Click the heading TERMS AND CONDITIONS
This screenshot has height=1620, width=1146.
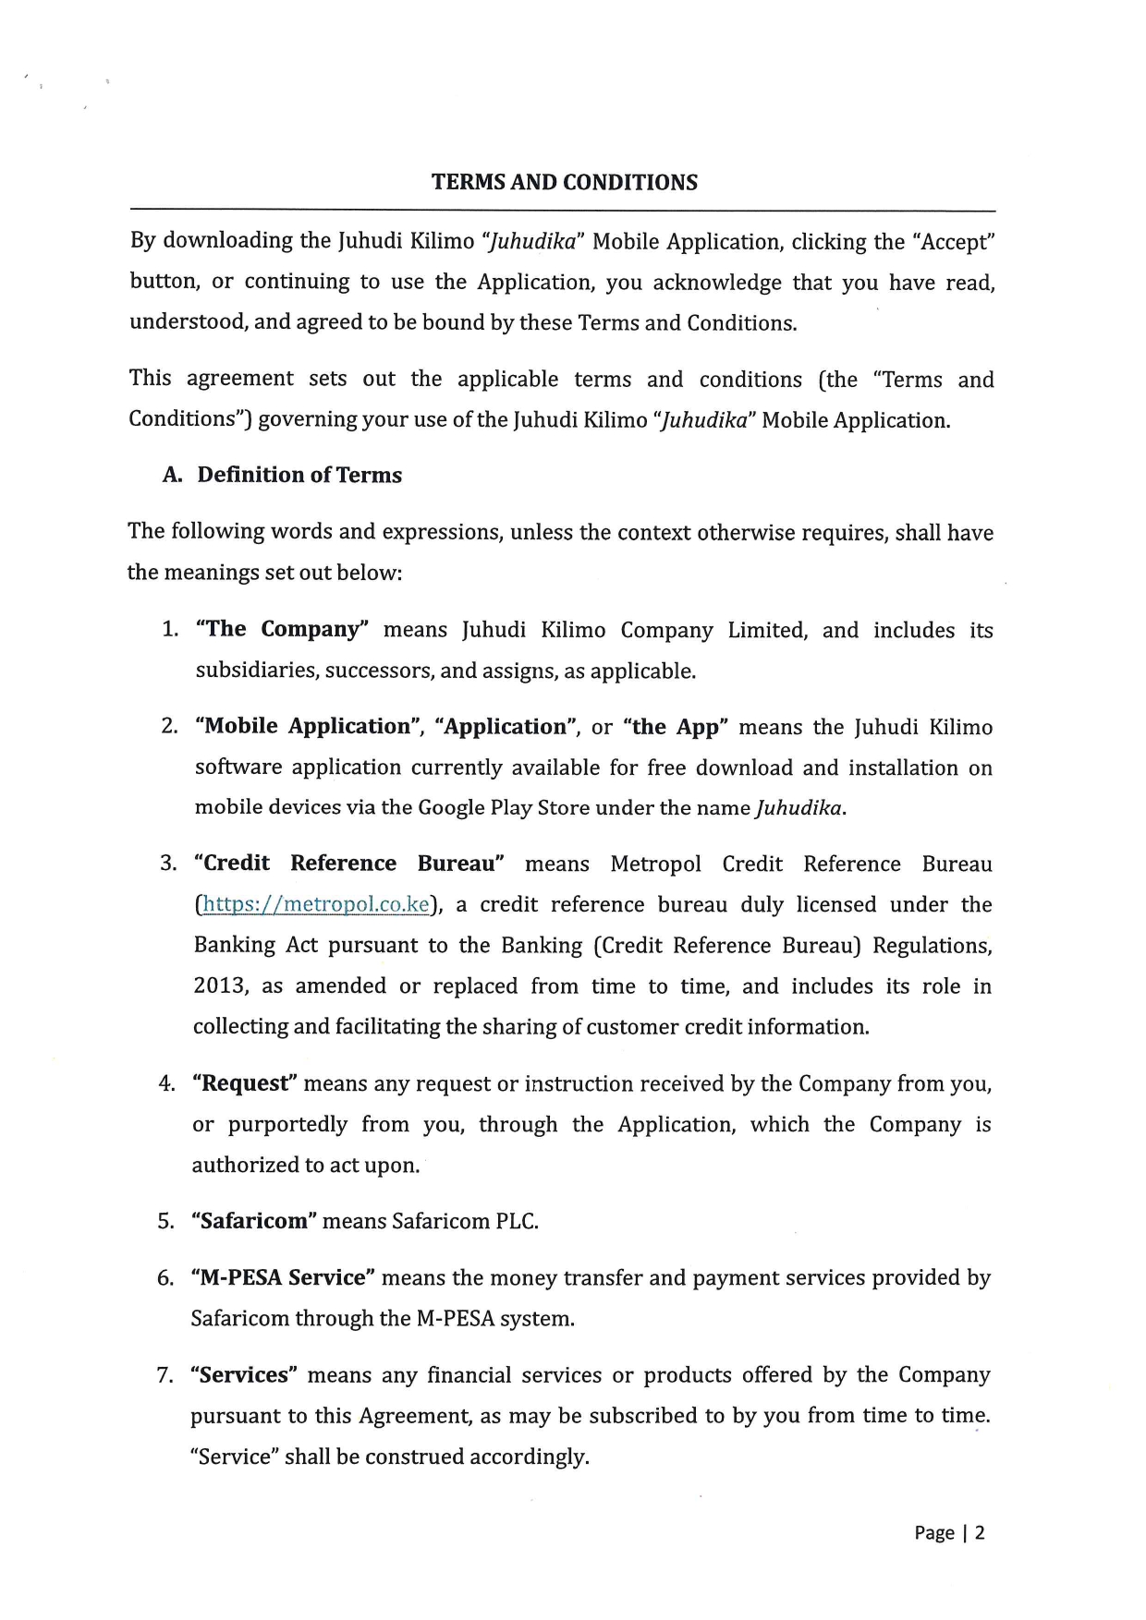point(564,182)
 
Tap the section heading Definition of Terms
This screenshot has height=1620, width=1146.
point(299,475)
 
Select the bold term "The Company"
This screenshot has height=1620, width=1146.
point(282,629)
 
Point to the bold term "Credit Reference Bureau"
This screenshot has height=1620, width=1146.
point(348,864)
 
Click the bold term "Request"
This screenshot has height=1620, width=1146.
point(244,1083)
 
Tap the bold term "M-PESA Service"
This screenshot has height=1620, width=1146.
point(283,1277)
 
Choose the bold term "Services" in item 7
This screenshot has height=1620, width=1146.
point(244,1375)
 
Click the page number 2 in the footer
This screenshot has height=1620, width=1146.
point(980,1533)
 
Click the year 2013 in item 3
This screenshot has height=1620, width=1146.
point(220,986)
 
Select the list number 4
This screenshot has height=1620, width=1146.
point(166,1083)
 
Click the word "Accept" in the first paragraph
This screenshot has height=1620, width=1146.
point(953,242)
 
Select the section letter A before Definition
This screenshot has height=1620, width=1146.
point(171,475)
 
